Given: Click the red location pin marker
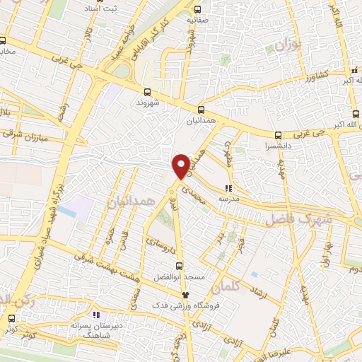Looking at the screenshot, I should pyautogui.click(x=181, y=166).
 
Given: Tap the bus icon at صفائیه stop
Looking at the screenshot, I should pyautogui.click(x=197, y=10).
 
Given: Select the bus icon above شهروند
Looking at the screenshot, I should pyautogui.click(x=148, y=91).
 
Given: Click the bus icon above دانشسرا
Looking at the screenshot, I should pyautogui.click(x=278, y=135).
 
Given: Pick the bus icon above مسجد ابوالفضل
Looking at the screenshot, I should pyautogui.click(x=179, y=267).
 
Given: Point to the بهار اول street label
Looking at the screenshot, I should pyautogui.click(x=327, y=255).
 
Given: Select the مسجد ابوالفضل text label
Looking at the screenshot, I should pyautogui.click(x=181, y=278).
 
